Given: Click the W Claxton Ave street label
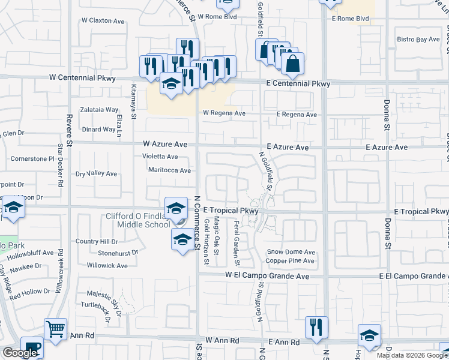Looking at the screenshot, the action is (x=103, y=20).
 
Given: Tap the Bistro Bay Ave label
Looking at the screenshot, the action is (x=418, y=40).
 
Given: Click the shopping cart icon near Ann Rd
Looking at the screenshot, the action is (x=55, y=329).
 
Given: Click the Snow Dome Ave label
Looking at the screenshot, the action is (x=291, y=252).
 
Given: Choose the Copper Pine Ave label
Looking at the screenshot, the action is (x=291, y=261).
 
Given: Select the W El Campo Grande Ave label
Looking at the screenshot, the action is (x=267, y=275).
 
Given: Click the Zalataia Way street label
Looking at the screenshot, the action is (x=100, y=110).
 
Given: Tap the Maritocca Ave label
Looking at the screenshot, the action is (x=169, y=170).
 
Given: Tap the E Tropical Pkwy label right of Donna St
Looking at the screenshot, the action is (x=421, y=212).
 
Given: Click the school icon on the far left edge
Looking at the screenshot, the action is (x=12, y=208).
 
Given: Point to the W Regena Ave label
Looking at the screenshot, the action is (x=224, y=113).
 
